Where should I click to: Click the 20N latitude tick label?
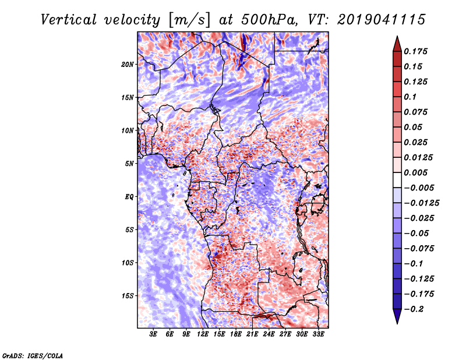pyautogui.click(x=128, y=65)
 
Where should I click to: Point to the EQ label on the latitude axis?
pyautogui.click(x=129, y=197)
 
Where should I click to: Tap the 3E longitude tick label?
pyautogui.click(x=153, y=334)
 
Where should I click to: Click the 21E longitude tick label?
pyautogui.click(x=252, y=334)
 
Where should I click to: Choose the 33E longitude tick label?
pyautogui.click(x=318, y=334)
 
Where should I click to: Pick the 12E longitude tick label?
pyautogui.click(x=202, y=334)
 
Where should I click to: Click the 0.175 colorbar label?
pyautogui.click(x=415, y=51)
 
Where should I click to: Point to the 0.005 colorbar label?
pyautogui.click(x=415, y=172)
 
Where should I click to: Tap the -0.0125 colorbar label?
pyautogui.click(x=421, y=203)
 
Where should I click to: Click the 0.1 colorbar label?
pyautogui.click(x=410, y=97)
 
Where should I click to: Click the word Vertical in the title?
pyautogui.click(x=69, y=20)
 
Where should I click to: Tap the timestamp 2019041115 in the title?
pyautogui.click(x=382, y=20)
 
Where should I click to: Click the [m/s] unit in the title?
pyautogui.click(x=189, y=20)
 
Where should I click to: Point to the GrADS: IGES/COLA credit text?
pyautogui.click(x=33, y=356)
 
